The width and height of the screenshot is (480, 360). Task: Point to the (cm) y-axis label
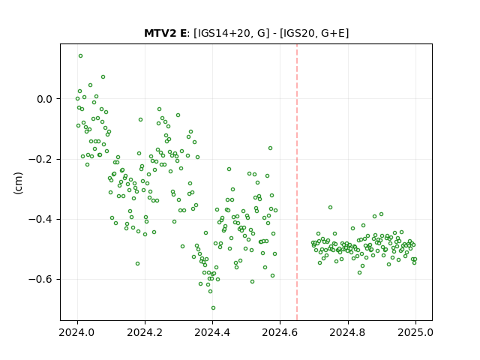(x=18, y=183)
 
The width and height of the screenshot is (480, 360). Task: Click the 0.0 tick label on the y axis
(x=45, y=99)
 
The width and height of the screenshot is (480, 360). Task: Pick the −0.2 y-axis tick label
(x=40, y=159)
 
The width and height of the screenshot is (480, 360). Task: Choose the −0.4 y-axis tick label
(x=40, y=219)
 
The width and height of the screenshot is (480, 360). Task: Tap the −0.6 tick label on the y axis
(x=40, y=280)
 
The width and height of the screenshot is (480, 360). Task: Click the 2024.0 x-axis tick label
(x=77, y=332)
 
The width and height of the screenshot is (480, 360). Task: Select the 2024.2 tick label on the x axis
(x=145, y=332)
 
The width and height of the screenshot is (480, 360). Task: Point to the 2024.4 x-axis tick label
(x=212, y=332)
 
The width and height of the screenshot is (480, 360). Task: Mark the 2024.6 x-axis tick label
(x=280, y=332)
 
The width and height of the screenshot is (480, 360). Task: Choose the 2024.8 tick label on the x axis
(x=348, y=332)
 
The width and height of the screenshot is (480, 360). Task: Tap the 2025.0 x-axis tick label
(x=415, y=332)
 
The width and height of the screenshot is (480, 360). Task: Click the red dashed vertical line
(x=297, y=182)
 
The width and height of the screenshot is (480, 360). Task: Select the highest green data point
(x=80, y=56)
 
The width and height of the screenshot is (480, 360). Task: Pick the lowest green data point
(x=213, y=308)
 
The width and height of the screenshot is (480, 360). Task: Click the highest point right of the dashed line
(x=330, y=208)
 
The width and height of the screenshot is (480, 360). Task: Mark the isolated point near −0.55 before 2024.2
(x=137, y=263)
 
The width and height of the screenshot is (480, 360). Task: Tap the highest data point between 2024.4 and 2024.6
(x=270, y=148)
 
